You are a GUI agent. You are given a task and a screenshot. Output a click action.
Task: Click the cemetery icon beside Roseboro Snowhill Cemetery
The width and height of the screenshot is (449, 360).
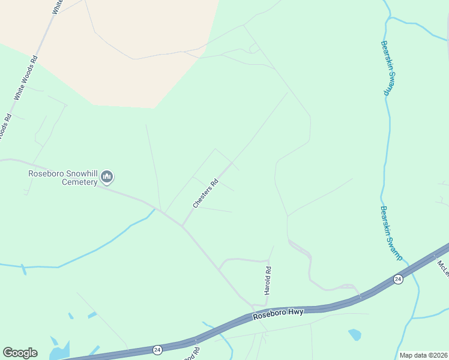107,176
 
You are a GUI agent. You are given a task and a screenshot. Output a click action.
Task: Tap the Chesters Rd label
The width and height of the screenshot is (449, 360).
205,193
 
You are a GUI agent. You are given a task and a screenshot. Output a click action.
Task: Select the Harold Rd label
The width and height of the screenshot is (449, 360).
268,280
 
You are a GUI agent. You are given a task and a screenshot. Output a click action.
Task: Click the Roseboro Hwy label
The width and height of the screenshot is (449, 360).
279,313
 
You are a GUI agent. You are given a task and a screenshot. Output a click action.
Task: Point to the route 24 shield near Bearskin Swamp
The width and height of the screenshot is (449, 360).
397,279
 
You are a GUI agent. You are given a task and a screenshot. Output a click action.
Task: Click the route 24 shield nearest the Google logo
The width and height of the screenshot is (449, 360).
157,349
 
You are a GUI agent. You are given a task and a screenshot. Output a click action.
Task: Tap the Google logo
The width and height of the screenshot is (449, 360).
20,353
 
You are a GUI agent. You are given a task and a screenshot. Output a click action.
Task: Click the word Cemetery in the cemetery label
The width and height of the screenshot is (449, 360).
80,182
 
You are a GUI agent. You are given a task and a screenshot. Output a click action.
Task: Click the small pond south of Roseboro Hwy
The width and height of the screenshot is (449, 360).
355,334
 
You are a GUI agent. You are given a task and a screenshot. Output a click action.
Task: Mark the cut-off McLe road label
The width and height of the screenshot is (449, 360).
443,266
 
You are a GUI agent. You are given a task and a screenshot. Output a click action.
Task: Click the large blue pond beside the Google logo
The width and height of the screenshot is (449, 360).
59,350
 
